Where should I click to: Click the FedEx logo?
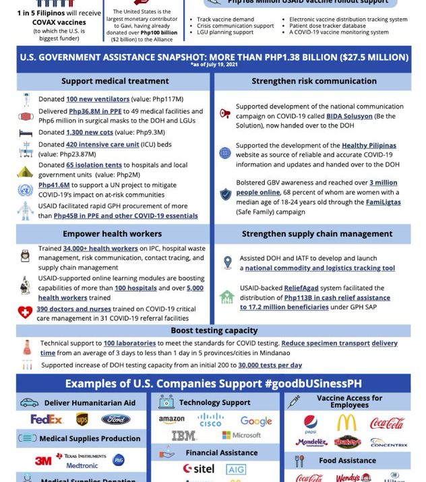click(x=46, y=419)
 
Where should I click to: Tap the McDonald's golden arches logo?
click(x=346, y=423)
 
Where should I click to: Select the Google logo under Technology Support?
click(x=255, y=421)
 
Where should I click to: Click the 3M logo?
click(x=43, y=460)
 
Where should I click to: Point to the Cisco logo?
click(x=210, y=420)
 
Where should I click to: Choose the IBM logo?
click(x=183, y=436)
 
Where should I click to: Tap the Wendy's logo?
click(x=348, y=478)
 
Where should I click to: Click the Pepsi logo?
click(x=310, y=423)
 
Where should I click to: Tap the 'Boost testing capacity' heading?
click(x=213, y=330)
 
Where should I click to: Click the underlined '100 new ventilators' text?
click(x=98, y=99)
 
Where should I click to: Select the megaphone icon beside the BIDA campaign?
click(x=225, y=114)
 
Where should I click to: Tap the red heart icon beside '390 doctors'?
click(x=25, y=312)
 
